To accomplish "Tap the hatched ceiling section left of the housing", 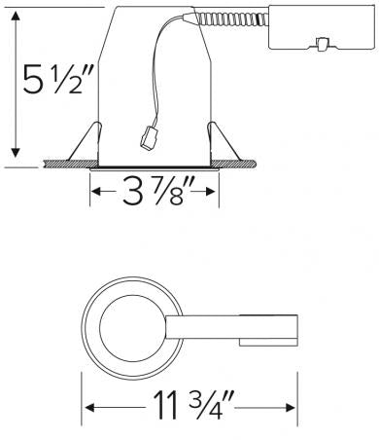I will tap(62, 162).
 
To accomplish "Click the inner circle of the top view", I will tap(132, 332).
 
